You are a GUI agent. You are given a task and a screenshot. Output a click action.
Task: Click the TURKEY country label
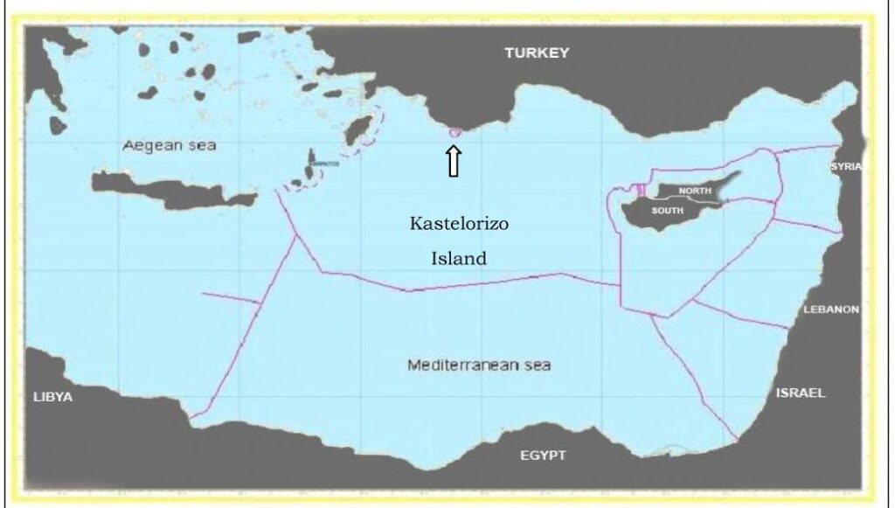(537, 53)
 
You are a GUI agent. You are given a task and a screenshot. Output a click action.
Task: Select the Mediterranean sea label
(479, 365)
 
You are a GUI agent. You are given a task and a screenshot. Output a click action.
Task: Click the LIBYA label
(53, 397)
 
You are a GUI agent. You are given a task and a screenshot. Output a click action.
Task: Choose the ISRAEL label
(800, 393)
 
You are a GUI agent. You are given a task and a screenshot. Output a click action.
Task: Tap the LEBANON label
(832, 310)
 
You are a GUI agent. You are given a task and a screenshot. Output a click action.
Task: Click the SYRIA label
(846, 166)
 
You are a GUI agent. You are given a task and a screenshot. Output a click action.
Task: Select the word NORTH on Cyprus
(695, 191)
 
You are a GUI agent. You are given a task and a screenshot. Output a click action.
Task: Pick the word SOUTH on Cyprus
(668, 211)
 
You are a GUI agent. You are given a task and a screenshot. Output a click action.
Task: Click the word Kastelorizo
(459, 224)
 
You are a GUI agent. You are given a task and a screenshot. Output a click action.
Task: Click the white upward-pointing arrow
(454, 161)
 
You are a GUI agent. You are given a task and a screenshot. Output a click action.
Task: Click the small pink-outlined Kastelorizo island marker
(454, 133)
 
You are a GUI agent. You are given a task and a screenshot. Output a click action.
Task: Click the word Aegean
(152, 145)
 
